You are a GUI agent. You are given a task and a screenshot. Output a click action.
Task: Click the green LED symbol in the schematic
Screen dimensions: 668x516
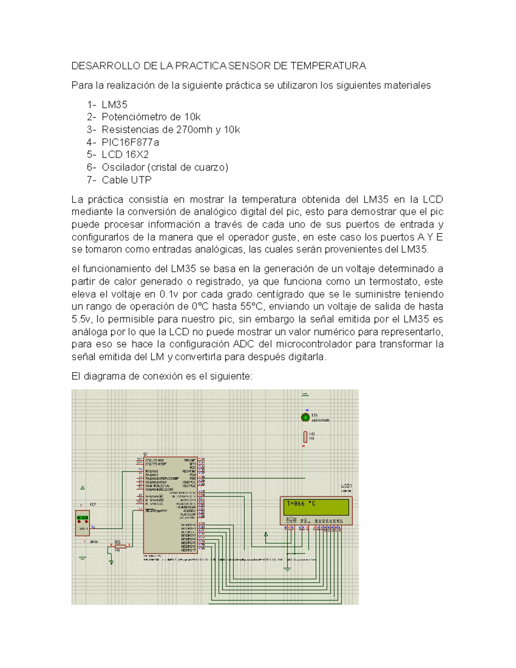305,417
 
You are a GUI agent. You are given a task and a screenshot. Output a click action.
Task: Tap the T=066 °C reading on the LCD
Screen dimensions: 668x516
301,504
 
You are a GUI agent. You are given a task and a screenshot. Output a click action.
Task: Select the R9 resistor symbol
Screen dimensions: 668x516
120,546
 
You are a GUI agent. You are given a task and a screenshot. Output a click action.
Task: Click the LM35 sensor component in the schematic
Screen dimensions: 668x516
82,523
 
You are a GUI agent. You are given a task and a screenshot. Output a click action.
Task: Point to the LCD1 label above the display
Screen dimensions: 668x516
346,486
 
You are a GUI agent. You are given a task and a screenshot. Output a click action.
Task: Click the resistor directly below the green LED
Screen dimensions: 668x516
305,437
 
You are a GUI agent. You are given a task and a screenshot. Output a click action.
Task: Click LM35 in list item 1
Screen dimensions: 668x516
114,105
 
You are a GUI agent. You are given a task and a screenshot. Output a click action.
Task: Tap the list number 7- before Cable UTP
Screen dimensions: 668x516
92,180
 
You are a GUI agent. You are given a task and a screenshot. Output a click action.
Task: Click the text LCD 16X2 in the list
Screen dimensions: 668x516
125,154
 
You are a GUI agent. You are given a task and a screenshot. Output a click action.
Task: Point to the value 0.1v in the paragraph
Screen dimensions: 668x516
168,294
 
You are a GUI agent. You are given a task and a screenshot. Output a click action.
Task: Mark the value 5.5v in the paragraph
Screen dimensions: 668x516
81,319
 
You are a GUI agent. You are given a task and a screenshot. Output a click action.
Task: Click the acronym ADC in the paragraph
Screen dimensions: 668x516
243,344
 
